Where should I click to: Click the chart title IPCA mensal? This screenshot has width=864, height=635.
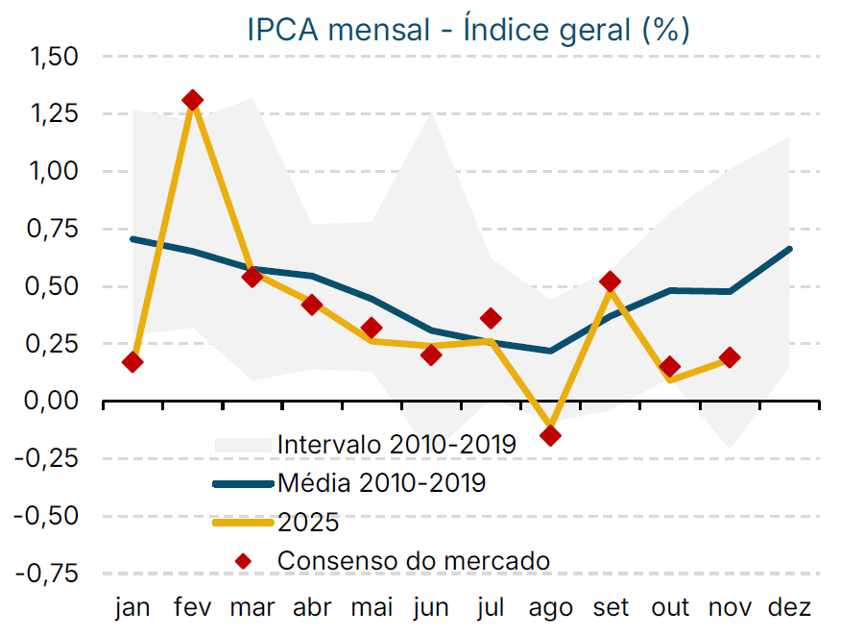tap(468, 29)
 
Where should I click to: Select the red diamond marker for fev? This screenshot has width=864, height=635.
tap(192, 100)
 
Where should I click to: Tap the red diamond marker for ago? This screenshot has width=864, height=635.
tap(550, 435)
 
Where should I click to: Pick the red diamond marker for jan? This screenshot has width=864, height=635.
tap(132, 362)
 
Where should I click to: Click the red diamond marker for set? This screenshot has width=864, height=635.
tap(610, 281)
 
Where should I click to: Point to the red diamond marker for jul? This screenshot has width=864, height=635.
tap(491, 318)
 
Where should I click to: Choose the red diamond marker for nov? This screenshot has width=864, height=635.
tap(730, 357)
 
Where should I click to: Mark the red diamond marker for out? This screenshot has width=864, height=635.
tap(669, 367)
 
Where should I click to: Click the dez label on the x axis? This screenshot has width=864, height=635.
tap(790, 608)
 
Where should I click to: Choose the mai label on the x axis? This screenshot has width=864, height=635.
tap(372, 608)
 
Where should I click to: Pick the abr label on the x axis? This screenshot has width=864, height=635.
tap(312, 608)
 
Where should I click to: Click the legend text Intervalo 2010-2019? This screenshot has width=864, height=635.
tap(396, 445)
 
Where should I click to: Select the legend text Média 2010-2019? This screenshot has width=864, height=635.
tap(381, 482)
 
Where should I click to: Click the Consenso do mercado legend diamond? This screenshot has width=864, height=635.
tap(250, 560)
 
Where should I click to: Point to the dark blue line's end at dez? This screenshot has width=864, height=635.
tap(789, 249)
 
